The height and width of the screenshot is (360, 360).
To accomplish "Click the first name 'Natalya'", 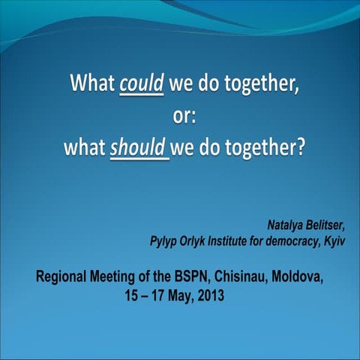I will pos(286,224).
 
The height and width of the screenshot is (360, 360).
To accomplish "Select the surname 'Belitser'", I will pos(326,224).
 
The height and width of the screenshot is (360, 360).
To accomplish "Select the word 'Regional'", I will pos(64,279).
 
